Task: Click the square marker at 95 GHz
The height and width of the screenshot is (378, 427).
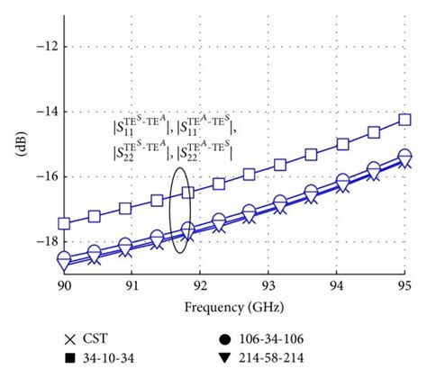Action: coord(404,119)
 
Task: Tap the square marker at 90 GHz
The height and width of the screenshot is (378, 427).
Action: coord(64,223)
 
